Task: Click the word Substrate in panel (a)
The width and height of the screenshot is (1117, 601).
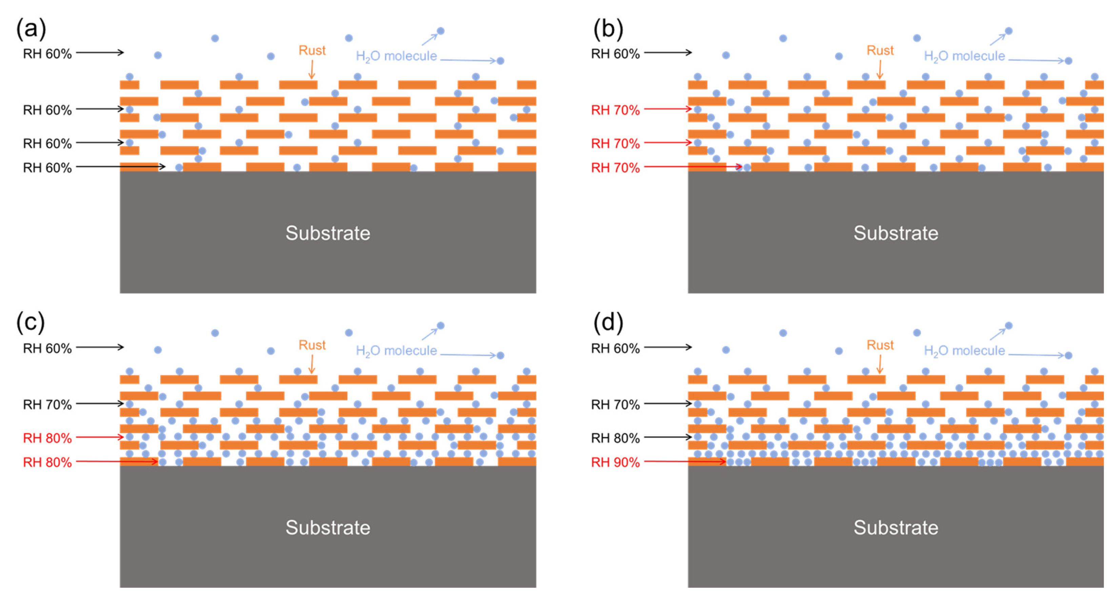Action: [x=328, y=233]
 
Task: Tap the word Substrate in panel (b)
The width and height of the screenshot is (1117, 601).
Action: [x=896, y=233]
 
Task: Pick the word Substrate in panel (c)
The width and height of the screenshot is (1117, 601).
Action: [x=328, y=528]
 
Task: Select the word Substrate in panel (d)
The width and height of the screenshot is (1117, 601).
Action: [x=896, y=528]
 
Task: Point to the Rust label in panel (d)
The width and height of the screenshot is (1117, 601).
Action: [x=880, y=345]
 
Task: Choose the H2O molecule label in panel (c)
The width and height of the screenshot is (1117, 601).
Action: [x=396, y=351]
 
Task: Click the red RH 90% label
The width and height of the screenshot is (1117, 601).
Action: [x=615, y=462]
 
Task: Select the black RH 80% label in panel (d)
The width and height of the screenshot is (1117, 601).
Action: [x=615, y=438]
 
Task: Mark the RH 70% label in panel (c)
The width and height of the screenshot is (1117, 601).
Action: [x=47, y=405]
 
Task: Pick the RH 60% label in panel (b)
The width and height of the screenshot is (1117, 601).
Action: [x=615, y=54]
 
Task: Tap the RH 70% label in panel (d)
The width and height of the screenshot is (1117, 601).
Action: [x=615, y=405]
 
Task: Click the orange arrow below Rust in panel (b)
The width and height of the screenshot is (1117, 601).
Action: [x=880, y=69]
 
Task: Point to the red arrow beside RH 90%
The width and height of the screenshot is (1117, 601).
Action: [x=685, y=462]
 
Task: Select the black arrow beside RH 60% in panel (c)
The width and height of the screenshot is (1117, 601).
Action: [x=100, y=347]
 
